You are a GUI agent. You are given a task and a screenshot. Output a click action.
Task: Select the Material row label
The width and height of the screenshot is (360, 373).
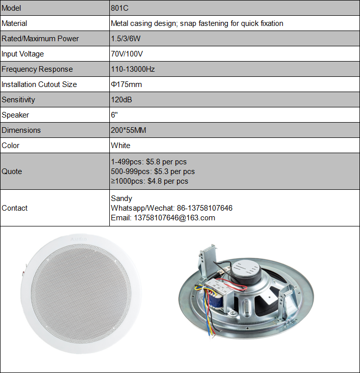(14, 23)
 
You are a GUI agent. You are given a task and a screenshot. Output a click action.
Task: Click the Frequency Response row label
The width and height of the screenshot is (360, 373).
(37, 69)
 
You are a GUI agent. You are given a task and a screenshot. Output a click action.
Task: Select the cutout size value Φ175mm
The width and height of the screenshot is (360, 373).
(126, 84)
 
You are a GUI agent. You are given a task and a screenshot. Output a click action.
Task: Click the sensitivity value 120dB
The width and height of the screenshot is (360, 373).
(121, 100)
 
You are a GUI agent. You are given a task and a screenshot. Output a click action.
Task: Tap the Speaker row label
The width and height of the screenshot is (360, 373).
(15, 115)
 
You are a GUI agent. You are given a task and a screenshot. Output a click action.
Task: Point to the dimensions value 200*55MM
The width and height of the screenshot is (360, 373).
(128, 130)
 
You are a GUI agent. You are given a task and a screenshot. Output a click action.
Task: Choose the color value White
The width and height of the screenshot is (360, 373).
(121, 146)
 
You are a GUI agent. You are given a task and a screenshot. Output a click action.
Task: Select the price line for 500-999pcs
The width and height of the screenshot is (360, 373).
(153, 171)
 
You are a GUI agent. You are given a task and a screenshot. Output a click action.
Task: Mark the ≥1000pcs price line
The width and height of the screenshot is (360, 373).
(149, 181)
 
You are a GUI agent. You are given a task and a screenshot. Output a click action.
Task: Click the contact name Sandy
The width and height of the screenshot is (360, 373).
(122, 198)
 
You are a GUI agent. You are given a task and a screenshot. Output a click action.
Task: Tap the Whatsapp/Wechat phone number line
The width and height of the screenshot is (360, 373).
(171, 208)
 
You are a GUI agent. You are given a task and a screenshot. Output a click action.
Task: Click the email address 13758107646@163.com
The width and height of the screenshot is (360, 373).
(163, 218)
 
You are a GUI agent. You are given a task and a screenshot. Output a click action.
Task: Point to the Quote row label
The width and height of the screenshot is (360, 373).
(12, 171)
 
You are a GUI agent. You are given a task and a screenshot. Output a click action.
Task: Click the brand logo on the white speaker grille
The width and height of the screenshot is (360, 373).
(75, 238)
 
